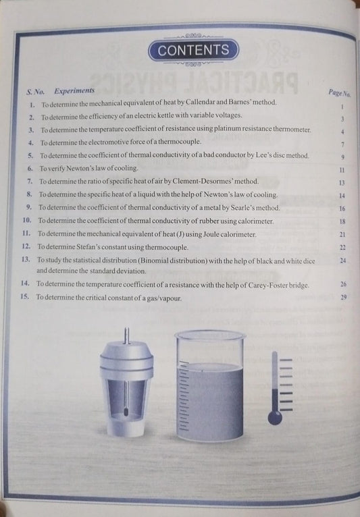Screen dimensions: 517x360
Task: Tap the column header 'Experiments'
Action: (x=74, y=90)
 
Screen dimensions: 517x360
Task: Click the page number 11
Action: (x=342, y=171)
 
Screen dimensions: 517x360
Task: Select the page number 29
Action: (x=344, y=298)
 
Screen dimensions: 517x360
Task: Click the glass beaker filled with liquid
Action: (x=209, y=385)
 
